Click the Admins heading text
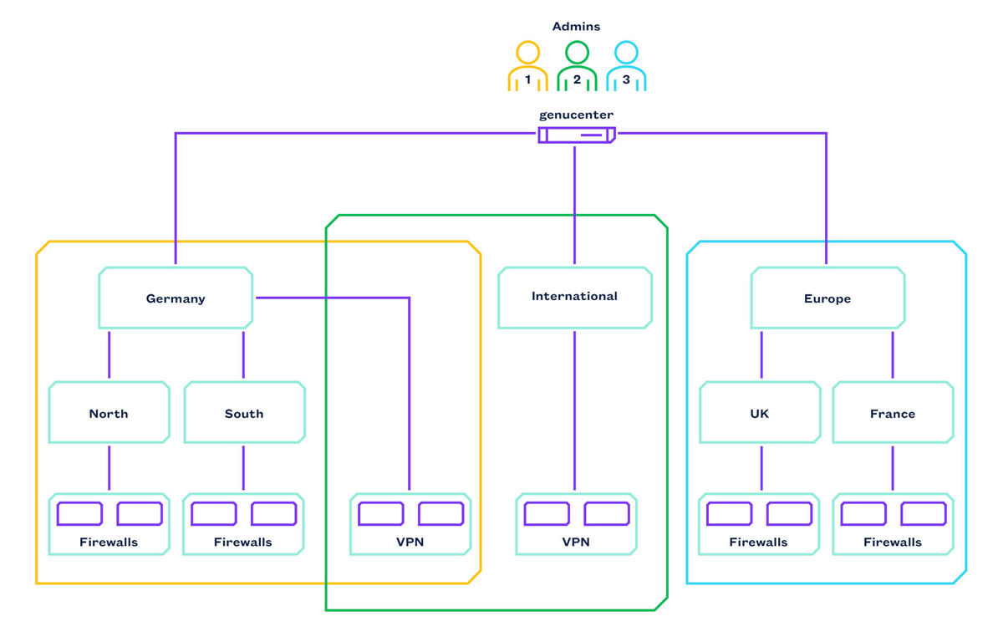point(577,27)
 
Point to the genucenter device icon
point(576,135)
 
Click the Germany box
point(176,298)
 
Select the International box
point(574,297)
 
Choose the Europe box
point(827,298)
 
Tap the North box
point(109,413)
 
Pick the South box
point(244,413)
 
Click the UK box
point(760,413)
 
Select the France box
point(893,413)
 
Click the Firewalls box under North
point(109,524)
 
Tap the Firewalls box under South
point(243,524)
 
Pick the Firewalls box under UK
point(759,524)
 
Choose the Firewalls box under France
point(893,524)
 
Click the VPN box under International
point(576,524)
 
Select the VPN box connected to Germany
point(410,524)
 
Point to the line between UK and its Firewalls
point(761,468)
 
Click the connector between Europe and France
point(893,355)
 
